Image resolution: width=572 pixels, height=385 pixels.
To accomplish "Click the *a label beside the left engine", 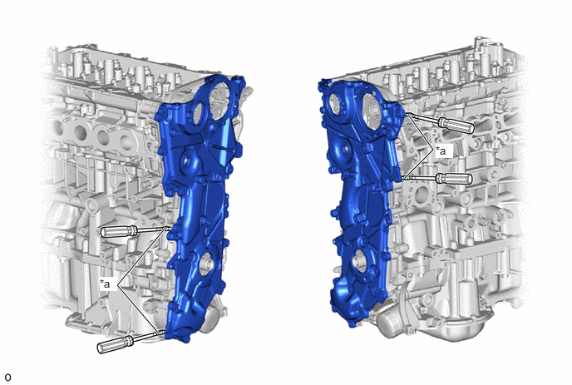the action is (x=105, y=284).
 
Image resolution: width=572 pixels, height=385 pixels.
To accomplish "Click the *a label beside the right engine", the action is (x=441, y=151).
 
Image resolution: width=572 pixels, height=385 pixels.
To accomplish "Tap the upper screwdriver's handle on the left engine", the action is (x=118, y=231).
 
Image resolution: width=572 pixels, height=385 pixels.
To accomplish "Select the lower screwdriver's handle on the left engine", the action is (x=115, y=344).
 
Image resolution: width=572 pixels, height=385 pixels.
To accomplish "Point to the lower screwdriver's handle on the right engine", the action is (x=455, y=179).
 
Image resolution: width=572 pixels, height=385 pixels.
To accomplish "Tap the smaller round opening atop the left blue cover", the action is (x=198, y=113).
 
